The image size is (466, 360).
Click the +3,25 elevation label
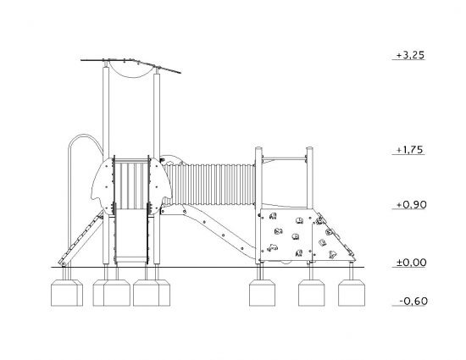(x=410, y=55)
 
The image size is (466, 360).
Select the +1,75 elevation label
(x=409, y=150)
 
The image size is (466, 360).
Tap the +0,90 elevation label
(x=412, y=205)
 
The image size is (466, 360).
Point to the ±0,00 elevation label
(x=411, y=263)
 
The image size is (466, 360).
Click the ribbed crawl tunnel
(x=209, y=184)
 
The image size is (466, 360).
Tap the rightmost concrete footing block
(x=352, y=292)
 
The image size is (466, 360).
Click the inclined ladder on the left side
(x=81, y=239)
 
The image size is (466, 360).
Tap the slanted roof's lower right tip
(x=180, y=73)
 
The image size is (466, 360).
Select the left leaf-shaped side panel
(x=103, y=186)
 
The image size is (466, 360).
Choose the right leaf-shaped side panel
(x=160, y=186)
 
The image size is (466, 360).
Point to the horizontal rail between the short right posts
(x=284, y=158)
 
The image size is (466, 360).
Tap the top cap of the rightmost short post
(x=309, y=148)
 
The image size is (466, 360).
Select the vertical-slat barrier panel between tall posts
(x=131, y=185)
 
